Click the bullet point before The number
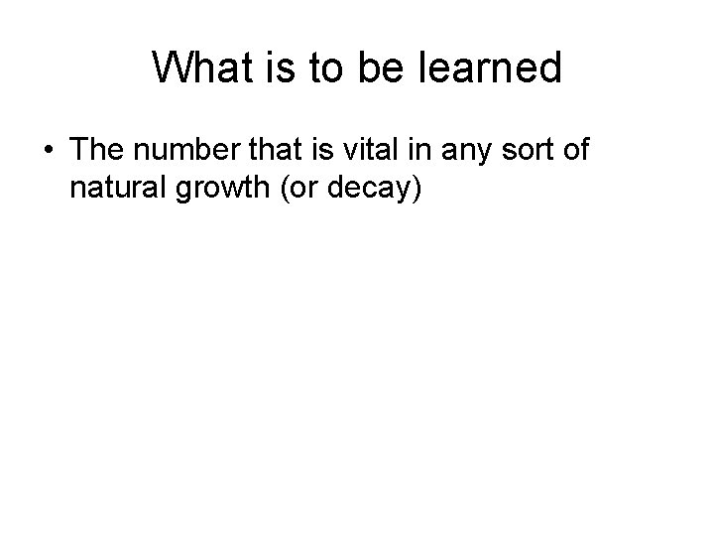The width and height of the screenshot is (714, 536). click(50, 151)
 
